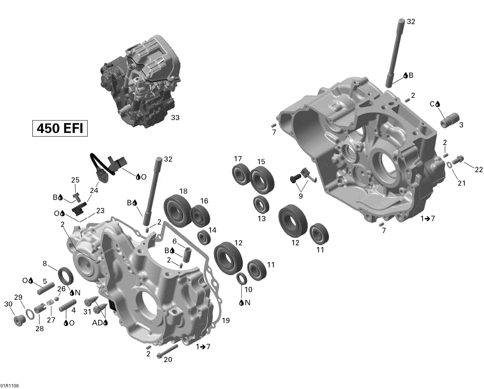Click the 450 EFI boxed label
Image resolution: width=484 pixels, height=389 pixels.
60,128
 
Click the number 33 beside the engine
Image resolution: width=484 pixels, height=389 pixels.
175,118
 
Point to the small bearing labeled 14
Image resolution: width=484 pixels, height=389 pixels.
204,238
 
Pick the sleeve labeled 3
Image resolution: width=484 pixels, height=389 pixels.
450,120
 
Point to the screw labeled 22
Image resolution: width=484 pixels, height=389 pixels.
458,159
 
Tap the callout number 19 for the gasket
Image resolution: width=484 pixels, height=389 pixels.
226,321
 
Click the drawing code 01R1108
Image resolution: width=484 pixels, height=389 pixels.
10,386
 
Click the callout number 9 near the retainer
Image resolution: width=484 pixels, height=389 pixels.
301,196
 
